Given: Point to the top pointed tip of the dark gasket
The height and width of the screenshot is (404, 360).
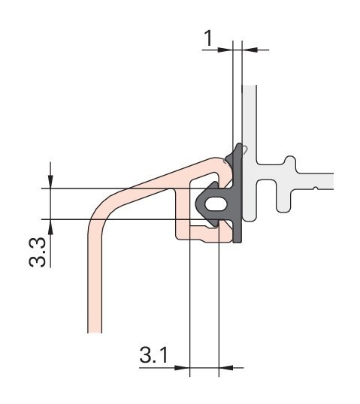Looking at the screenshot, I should tap(239, 146).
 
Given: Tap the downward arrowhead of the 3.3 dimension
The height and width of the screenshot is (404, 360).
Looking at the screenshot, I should tap(50, 181).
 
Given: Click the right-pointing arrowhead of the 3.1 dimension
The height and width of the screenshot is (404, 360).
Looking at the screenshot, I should tap(182, 368).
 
